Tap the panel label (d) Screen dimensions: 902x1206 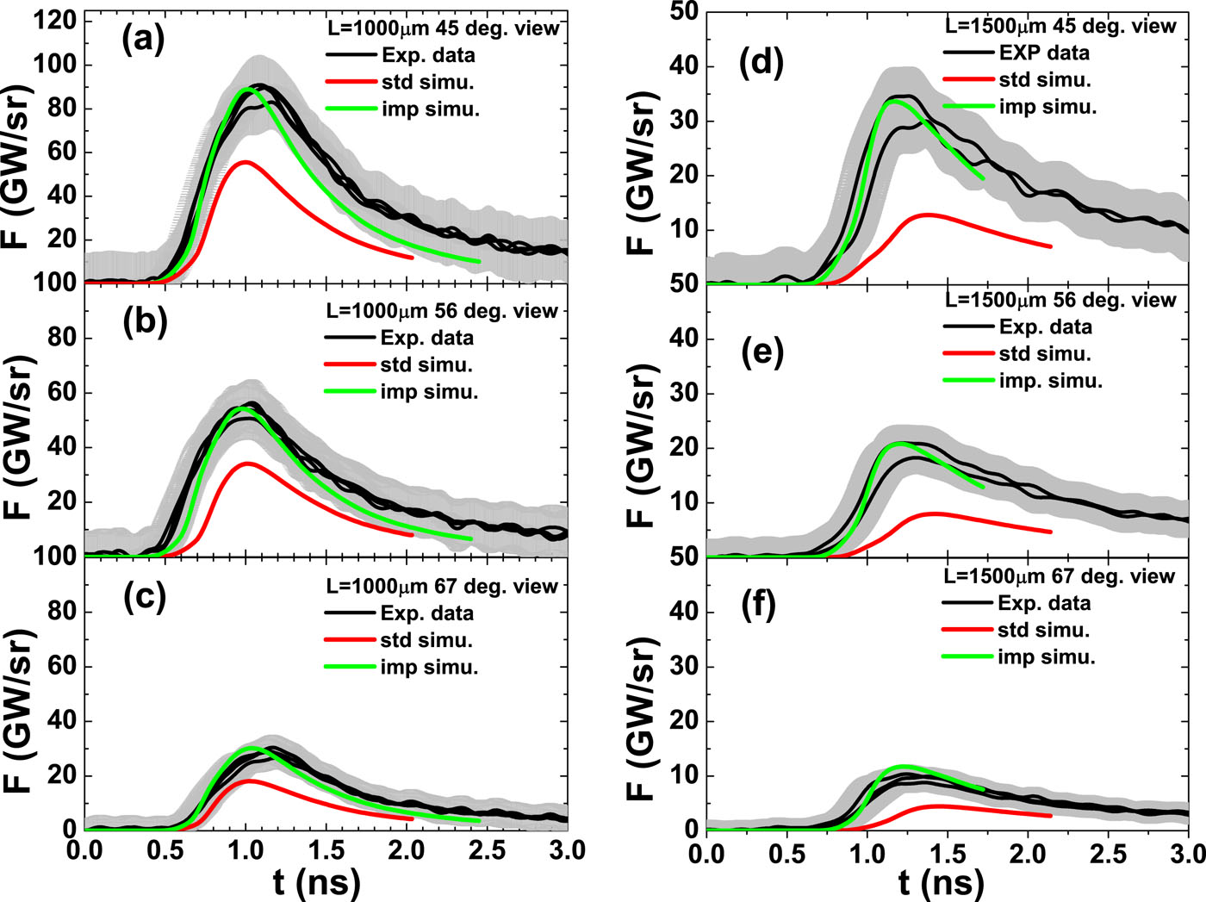[762, 64]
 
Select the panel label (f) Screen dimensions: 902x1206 [758, 606]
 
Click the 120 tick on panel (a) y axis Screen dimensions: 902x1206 [56, 21]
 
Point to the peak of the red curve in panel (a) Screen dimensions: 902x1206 [246, 162]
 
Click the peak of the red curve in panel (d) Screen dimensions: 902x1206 [928, 215]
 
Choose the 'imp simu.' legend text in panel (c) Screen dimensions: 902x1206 [429, 668]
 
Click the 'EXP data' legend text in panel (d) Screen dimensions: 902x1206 [1044, 53]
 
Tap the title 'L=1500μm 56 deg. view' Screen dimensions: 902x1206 [1060, 300]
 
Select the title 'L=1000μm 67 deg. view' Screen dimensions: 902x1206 [442, 587]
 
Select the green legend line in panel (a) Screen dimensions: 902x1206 [351, 109]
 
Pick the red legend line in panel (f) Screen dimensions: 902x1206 [968, 630]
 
